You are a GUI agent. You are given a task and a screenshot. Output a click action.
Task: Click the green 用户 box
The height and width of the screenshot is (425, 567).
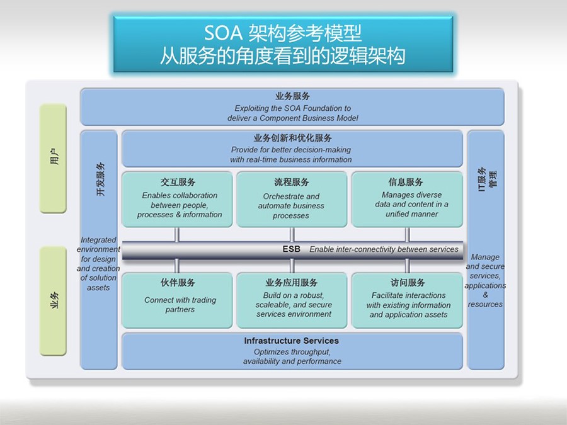click(53, 158)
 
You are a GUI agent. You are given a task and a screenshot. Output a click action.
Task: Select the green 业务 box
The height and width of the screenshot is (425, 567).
click(53, 301)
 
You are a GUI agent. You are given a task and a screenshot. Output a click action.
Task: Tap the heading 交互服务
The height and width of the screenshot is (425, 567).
click(178, 182)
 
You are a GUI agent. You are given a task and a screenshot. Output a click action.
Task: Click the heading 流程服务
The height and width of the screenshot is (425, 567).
click(292, 182)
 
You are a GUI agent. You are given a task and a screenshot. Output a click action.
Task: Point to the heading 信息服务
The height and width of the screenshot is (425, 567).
click(406, 182)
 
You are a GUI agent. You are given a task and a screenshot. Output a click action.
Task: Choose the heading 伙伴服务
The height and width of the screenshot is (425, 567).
click(178, 282)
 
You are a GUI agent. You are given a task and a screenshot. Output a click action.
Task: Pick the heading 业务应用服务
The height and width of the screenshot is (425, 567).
click(292, 282)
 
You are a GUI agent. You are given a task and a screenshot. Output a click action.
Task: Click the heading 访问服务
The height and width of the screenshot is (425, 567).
click(408, 282)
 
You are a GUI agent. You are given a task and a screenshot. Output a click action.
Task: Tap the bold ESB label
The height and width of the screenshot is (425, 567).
click(291, 249)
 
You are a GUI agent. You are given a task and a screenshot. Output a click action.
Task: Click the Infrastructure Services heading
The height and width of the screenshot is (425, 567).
click(292, 341)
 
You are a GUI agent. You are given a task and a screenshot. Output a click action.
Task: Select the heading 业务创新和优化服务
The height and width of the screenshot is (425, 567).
click(292, 138)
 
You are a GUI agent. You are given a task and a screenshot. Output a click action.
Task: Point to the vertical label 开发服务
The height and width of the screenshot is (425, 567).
click(100, 179)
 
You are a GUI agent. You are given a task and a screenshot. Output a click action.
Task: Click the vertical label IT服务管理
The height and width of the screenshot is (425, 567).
click(487, 179)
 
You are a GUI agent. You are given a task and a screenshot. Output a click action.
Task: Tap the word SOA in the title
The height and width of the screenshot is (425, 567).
click(223, 33)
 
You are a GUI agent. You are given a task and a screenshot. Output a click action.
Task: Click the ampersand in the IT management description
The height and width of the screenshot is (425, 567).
click(485, 295)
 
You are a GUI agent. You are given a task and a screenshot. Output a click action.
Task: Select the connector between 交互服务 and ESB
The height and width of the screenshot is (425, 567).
click(177, 235)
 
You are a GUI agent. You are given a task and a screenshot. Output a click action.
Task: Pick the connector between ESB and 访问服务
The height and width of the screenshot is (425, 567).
click(407, 266)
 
